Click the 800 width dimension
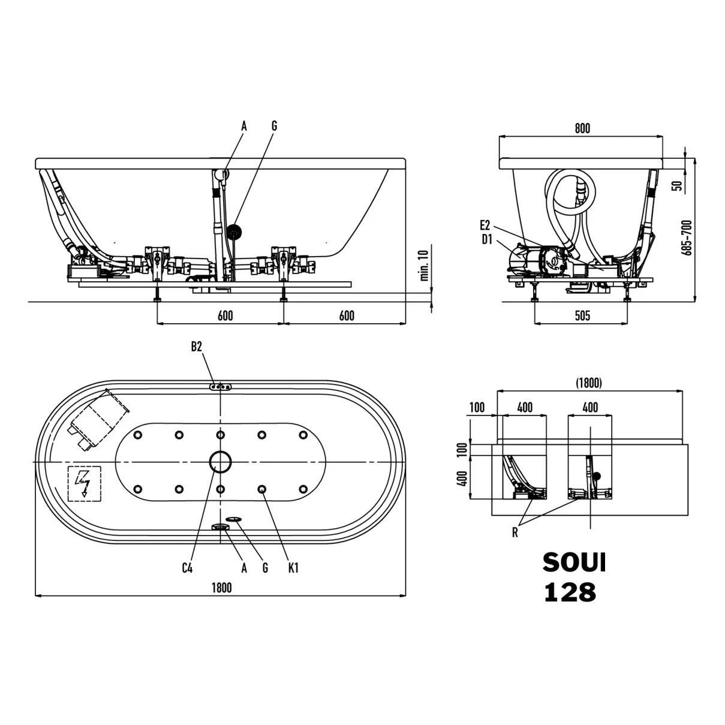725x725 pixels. (x=582, y=129)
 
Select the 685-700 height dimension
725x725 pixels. (x=687, y=238)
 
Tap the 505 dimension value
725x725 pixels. (x=582, y=315)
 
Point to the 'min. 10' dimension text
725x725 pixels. (x=425, y=265)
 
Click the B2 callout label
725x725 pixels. (x=197, y=347)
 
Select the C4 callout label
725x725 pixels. (x=187, y=568)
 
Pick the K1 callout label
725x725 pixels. (x=293, y=568)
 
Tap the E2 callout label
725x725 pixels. (x=485, y=225)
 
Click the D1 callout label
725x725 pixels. (x=487, y=239)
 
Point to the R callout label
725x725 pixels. (x=515, y=533)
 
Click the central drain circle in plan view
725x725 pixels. (x=220, y=462)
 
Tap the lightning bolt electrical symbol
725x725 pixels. (x=84, y=483)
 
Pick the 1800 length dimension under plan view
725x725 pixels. (x=222, y=588)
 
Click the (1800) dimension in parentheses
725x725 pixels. (x=589, y=383)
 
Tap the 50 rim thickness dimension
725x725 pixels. (x=677, y=186)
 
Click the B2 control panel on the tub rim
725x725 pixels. (x=221, y=387)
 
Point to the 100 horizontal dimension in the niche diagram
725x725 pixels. (x=477, y=407)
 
